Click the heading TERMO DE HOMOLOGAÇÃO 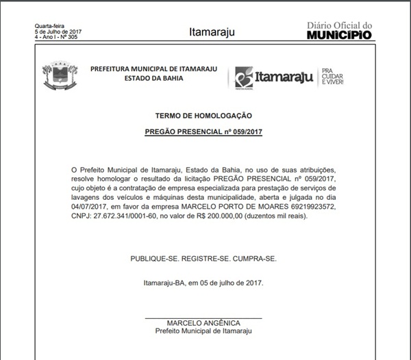click(204, 116)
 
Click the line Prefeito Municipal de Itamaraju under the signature click(203, 331)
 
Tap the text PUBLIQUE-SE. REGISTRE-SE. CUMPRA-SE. click(203, 259)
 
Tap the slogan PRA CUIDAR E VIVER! click(332, 76)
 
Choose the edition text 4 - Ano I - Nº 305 click(56, 36)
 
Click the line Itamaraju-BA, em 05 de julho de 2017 click(203, 283)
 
